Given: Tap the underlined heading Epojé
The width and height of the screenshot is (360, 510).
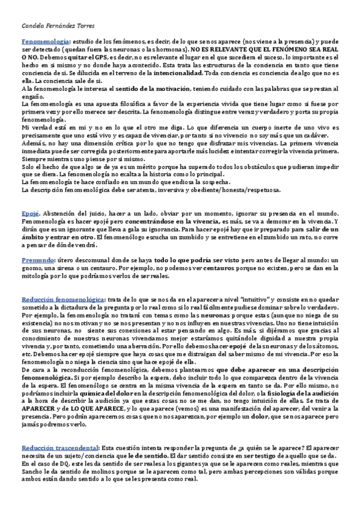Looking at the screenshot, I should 30,214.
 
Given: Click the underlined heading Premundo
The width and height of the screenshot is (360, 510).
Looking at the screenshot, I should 38,260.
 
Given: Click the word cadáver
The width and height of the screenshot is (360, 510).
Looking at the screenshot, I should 323,136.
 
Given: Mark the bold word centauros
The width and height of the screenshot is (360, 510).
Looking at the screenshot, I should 206,269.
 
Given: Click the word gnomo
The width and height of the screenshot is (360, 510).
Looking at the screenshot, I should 32,269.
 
